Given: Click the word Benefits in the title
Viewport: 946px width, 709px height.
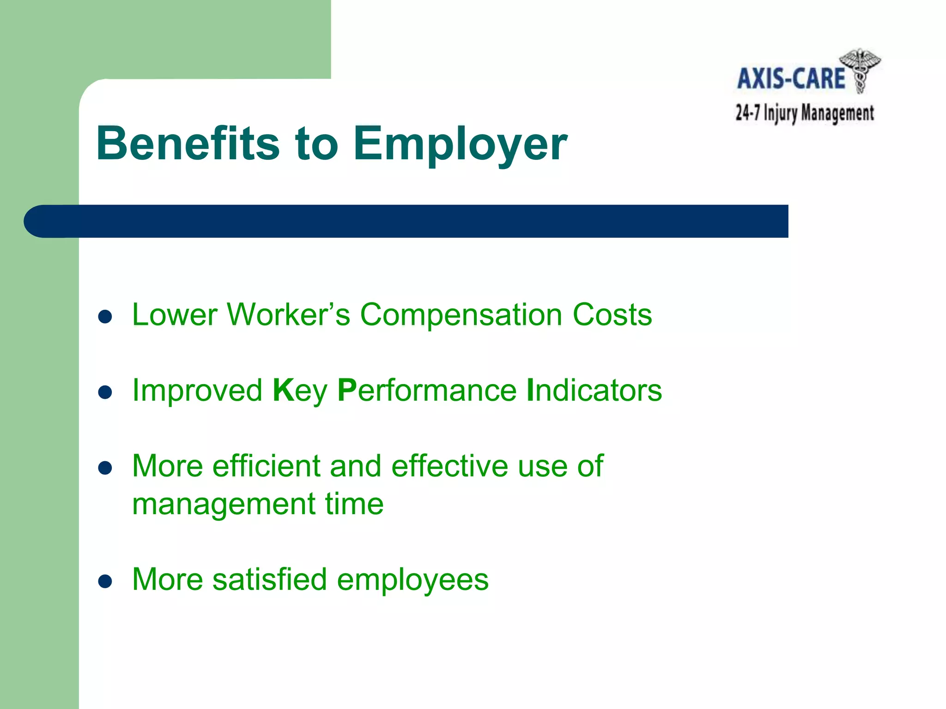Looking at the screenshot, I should pos(188,144).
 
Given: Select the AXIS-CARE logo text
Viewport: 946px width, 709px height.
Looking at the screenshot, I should pos(791,78).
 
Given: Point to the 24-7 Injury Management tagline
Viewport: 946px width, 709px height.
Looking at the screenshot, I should pos(804,113).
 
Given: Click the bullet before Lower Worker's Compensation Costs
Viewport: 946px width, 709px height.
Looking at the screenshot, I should pos(105,317).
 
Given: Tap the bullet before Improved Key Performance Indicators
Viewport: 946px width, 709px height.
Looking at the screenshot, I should pos(105,392).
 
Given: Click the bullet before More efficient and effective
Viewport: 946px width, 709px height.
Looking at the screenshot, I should pos(105,468).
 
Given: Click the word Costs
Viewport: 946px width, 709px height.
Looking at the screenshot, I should pos(612,315).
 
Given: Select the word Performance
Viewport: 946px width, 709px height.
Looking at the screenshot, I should pos(427,391).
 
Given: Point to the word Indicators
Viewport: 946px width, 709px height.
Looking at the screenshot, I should pos(594,391).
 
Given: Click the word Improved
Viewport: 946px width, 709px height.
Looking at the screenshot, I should pos(197,391).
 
